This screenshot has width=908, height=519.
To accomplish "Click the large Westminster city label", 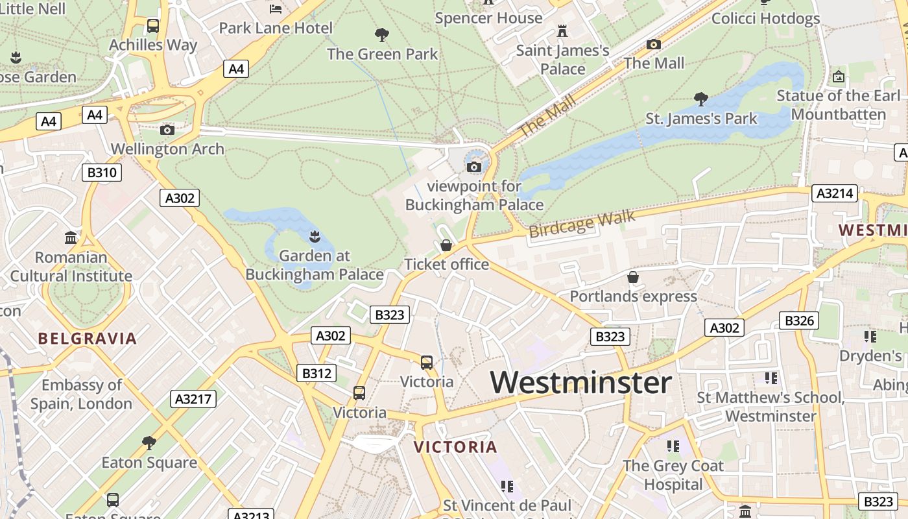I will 580,382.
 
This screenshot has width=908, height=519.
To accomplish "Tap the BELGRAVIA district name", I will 87,338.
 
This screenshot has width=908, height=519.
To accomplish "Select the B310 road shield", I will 102,173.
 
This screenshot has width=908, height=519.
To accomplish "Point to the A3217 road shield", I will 193,398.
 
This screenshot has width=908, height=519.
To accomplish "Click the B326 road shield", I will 798,320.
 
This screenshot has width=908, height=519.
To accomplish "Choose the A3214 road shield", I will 835,193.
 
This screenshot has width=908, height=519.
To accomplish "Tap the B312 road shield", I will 317,373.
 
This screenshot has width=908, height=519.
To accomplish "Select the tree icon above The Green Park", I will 382,35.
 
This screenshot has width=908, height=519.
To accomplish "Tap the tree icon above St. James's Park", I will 700,99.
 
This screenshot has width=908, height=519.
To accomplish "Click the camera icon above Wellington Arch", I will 167,130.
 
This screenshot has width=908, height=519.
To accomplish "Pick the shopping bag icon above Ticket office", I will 446,245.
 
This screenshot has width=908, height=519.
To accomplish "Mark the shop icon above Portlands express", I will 633,278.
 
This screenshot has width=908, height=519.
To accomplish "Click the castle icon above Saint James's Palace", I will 562,31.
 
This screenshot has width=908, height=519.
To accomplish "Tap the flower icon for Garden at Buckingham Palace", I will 315,236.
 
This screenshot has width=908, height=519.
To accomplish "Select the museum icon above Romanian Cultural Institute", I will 71,237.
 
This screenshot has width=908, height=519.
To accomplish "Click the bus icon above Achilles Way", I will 153,26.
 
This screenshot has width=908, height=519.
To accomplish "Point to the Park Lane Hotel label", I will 276,28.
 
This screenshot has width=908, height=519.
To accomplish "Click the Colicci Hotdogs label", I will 765,18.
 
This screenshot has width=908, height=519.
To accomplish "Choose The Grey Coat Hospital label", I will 673,475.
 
